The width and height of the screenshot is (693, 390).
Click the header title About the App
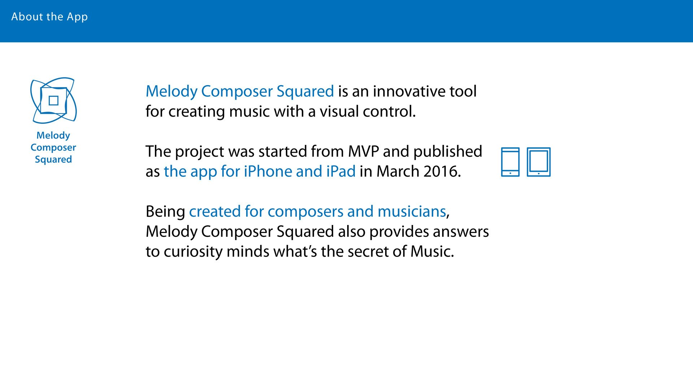pyautogui.click(x=49, y=17)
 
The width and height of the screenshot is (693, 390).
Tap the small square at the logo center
pyautogui.click(x=53, y=100)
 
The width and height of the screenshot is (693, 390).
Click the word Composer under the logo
pyautogui.click(x=53, y=148)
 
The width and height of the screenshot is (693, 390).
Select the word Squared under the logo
pyautogui.click(x=53, y=160)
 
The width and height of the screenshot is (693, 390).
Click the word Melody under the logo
pyautogui.click(x=53, y=135)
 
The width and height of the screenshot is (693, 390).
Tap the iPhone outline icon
pyautogui.click(x=510, y=162)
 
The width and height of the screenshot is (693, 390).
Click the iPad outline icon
pyautogui.click(x=539, y=162)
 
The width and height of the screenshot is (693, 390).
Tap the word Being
pyautogui.click(x=165, y=212)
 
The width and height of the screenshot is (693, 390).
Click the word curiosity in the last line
pyautogui.click(x=193, y=252)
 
